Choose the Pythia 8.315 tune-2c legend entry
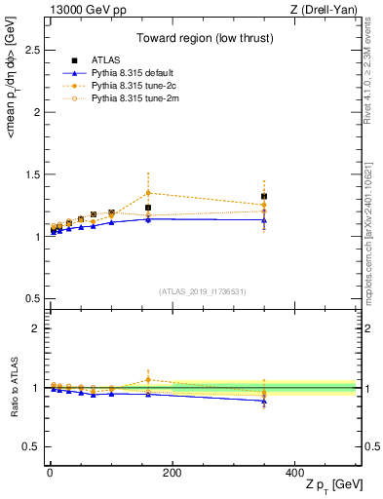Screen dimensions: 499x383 122,85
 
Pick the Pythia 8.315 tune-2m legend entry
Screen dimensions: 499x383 122,97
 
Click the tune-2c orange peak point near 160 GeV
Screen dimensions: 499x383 148,193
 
